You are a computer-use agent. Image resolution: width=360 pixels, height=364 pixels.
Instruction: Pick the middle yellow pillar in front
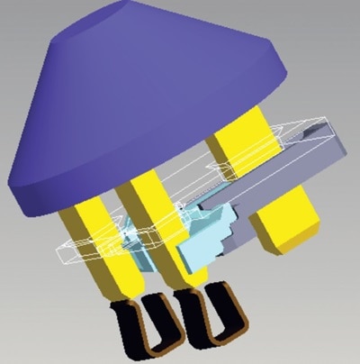(148, 225)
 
